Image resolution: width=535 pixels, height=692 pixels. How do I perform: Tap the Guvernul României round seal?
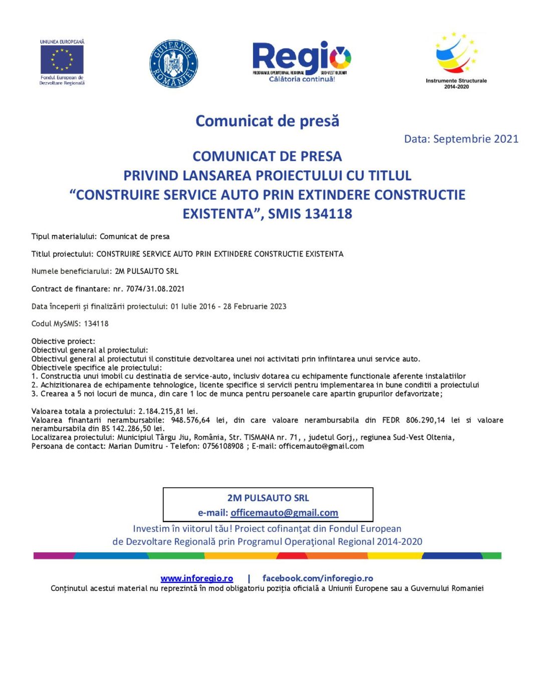coord(173,64)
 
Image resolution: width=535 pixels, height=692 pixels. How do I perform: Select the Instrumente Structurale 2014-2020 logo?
coord(456,60)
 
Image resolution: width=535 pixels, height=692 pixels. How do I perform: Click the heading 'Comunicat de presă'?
coord(267,121)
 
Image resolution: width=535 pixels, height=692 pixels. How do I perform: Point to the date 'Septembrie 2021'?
coord(475,139)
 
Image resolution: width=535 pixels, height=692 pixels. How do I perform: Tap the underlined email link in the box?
coord(284,513)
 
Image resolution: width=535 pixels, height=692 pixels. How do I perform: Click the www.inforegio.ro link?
coord(196,578)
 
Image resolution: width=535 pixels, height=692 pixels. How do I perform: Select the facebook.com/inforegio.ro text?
coord(318,578)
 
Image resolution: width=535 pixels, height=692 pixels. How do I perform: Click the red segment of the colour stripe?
coord(292,555)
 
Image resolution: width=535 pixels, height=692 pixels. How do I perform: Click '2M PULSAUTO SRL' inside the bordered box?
coord(268,498)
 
